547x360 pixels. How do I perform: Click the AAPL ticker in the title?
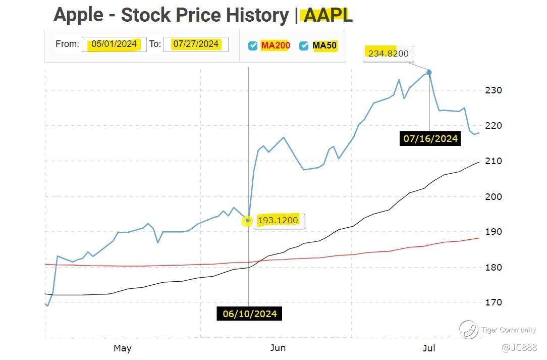click(x=327, y=15)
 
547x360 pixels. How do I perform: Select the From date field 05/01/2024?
click(x=114, y=44)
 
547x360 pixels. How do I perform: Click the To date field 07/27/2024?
click(x=196, y=44)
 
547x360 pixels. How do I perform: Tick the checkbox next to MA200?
click(x=253, y=46)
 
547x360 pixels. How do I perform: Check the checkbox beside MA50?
click(x=304, y=46)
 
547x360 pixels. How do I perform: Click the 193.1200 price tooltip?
click(x=278, y=220)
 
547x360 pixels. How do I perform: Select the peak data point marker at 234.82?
click(x=429, y=73)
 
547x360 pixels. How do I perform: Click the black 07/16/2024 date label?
click(x=430, y=138)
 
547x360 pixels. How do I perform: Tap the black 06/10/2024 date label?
click(x=250, y=314)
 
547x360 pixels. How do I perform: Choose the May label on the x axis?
click(x=123, y=348)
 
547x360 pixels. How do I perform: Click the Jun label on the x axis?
click(x=278, y=348)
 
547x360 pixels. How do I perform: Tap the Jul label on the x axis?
click(x=429, y=348)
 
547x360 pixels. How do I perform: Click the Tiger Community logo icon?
click(x=468, y=330)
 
